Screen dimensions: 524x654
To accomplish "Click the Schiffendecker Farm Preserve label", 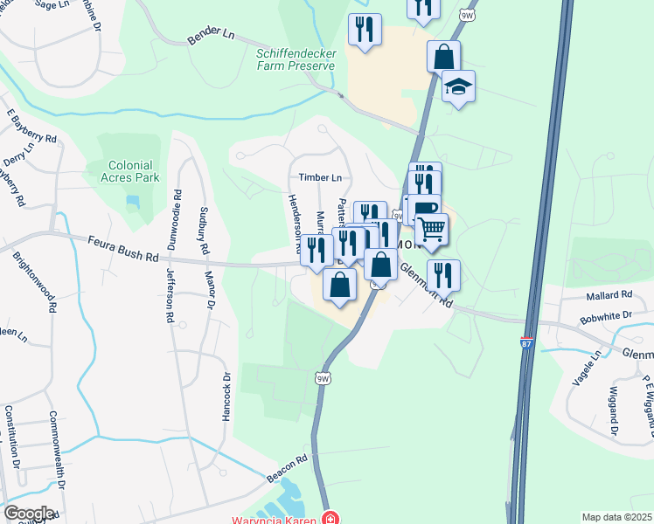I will [x=296, y=59].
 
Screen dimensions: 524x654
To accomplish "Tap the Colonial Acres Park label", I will [x=131, y=171].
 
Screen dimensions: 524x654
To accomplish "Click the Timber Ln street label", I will [x=320, y=176].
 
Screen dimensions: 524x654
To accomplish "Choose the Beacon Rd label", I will [x=289, y=459].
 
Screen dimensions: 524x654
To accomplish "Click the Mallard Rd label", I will [x=609, y=295].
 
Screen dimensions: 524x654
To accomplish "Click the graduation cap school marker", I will [x=458, y=86].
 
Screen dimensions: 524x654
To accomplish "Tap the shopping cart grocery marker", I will [x=431, y=229].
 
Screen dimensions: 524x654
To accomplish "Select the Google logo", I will [x=28, y=513].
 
